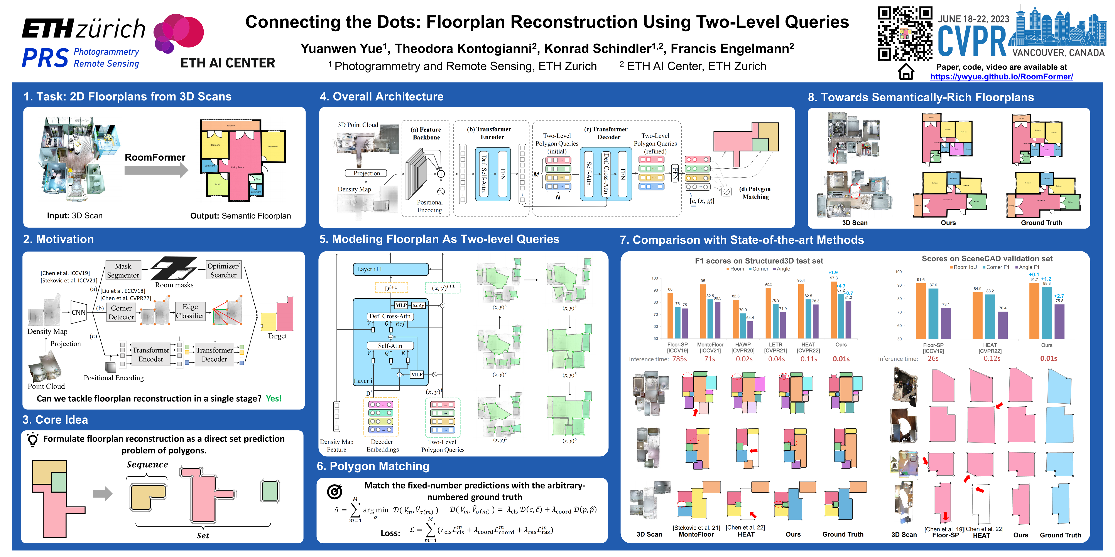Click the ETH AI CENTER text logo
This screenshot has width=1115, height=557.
[x=228, y=63]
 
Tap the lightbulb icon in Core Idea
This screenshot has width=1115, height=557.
[x=32, y=440]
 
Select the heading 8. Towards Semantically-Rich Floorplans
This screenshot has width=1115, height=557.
[x=921, y=97]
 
